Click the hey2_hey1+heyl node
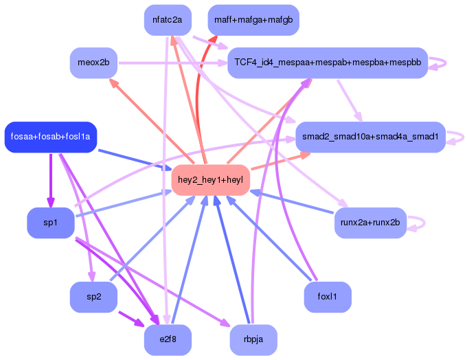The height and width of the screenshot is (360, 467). [210, 181]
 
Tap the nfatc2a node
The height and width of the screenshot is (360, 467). [168, 20]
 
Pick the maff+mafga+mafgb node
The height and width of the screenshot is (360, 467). [253, 20]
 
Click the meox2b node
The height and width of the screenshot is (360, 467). [93, 63]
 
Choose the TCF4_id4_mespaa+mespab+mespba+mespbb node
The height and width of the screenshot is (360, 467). [327, 63]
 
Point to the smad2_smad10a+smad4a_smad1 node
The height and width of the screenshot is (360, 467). [371, 137]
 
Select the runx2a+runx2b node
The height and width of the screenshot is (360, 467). [371, 223]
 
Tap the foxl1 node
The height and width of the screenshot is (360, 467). [328, 297]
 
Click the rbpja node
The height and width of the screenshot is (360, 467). [253, 340]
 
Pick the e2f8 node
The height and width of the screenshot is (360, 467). [168, 340]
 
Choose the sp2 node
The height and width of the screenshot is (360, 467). [93, 297]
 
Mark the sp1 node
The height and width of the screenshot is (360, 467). [50, 223]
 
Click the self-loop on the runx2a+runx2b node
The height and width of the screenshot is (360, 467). [420, 223]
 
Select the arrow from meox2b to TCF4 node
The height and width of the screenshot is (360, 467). [172, 63]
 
